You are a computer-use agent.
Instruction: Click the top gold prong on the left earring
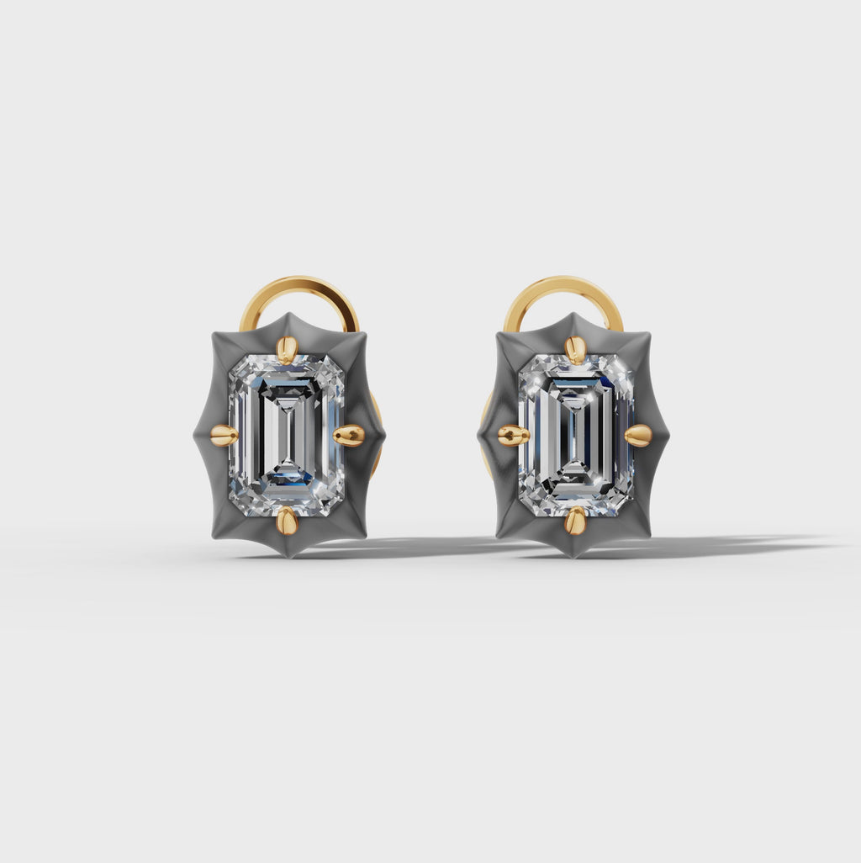[x=287, y=348]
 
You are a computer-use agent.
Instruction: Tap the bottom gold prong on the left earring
[x=287, y=521]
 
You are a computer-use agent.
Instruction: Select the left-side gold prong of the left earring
[x=224, y=435]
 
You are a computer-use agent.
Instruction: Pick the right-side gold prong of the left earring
[x=349, y=435]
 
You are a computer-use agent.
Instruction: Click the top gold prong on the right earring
[x=575, y=349]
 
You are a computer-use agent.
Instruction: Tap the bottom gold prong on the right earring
[x=575, y=521]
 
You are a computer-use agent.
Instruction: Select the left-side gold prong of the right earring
[x=513, y=435]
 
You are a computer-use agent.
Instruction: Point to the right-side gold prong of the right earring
[x=638, y=435]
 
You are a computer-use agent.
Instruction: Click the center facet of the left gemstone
[x=286, y=435]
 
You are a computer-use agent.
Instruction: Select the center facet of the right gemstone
[x=576, y=435]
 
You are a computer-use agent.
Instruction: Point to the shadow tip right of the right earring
[x=828, y=543]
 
